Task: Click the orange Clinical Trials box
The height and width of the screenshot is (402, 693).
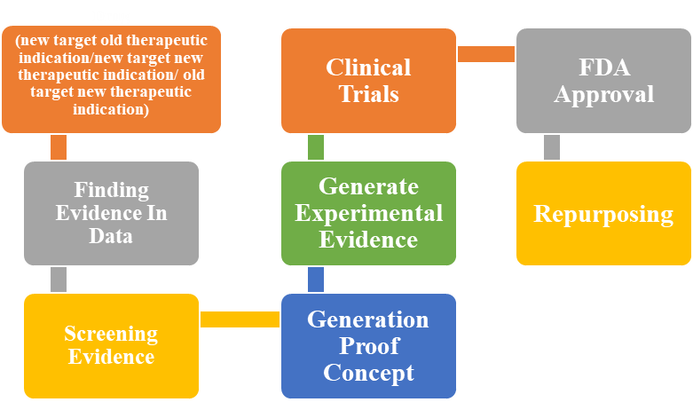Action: point(368,80)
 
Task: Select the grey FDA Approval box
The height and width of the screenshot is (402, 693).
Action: point(603,80)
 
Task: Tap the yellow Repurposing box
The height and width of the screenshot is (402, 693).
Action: point(603,214)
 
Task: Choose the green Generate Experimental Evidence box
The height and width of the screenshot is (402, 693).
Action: point(368,213)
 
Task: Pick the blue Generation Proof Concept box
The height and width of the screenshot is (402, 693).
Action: point(368,345)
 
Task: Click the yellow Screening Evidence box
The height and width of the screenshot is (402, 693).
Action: point(111,345)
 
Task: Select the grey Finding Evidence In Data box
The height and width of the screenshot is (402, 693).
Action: point(111,213)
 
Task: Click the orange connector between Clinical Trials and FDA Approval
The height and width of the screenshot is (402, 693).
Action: point(486,54)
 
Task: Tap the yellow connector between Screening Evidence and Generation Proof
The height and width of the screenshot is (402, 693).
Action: point(240,319)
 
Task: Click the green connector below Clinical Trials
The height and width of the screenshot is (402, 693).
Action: point(316,147)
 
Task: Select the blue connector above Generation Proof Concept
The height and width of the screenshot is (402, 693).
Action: point(316,279)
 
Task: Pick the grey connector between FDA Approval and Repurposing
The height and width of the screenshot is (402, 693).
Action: point(552,147)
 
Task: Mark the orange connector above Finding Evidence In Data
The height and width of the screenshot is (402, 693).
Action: point(59,147)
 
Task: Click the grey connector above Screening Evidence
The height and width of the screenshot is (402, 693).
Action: point(59,279)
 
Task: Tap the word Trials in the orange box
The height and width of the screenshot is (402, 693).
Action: point(368,93)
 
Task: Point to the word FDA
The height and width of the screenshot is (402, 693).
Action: point(603,67)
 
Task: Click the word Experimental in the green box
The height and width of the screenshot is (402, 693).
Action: point(368,213)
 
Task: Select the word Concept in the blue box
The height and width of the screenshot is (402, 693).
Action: point(368,372)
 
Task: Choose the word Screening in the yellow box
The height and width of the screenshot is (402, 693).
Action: point(111,334)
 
